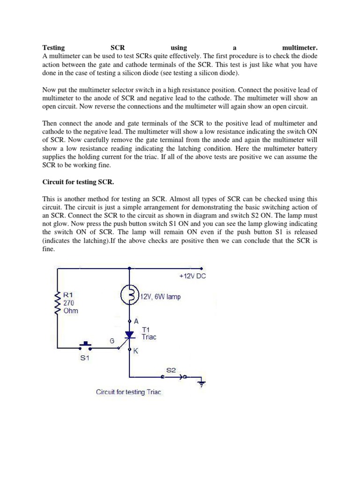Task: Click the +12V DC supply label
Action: point(192,276)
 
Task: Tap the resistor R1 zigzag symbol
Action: point(57,303)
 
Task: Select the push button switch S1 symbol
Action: point(84,346)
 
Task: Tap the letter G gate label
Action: point(112,341)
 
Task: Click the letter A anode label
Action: point(136,321)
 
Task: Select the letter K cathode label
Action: point(136,350)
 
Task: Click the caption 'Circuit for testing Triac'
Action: point(128,392)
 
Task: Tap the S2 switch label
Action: point(172,370)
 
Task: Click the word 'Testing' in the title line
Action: point(53,47)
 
